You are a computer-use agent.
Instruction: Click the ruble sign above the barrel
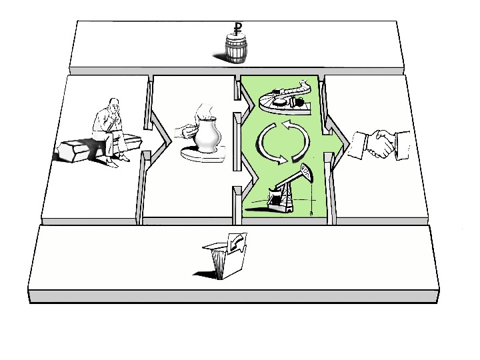pos(237,29)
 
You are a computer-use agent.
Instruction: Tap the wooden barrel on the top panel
pos(236,50)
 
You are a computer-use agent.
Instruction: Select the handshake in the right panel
pos(381,143)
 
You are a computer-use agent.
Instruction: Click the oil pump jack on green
pos(287,190)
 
